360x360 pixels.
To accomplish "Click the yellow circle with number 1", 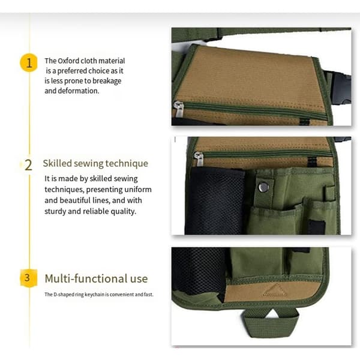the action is pyautogui.click(x=29, y=62).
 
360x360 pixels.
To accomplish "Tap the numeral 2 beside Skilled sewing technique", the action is pyautogui.click(x=28, y=165).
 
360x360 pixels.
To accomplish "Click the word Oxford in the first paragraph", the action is pyautogui.click(x=68, y=61).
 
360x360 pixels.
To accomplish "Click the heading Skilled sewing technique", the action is pyautogui.click(x=95, y=163).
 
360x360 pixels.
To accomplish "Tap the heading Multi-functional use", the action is pyautogui.click(x=96, y=279).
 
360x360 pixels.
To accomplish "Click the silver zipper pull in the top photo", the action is pyautogui.click(x=178, y=109).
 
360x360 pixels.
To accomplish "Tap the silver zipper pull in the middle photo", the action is pyautogui.click(x=199, y=158).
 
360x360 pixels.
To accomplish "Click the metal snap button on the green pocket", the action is pyautogui.click(x=263, y=187).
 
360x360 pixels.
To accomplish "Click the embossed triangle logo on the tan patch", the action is pyautogui.click(x=275, y=290).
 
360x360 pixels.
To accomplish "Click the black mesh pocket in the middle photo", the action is pyautogui.click(x=215, y=202).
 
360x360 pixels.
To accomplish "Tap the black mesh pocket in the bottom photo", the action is pyautogui.click(x=199, y=271).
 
